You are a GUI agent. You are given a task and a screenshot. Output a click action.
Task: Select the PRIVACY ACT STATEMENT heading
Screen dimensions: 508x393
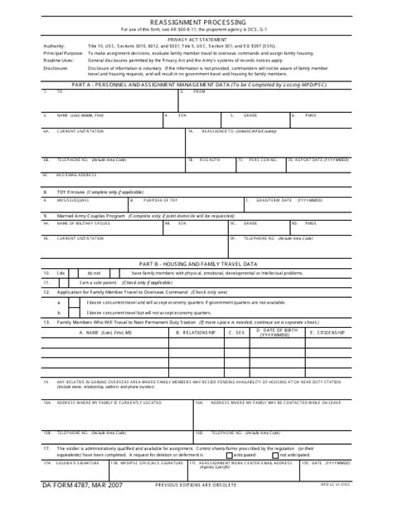pos(196,39)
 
